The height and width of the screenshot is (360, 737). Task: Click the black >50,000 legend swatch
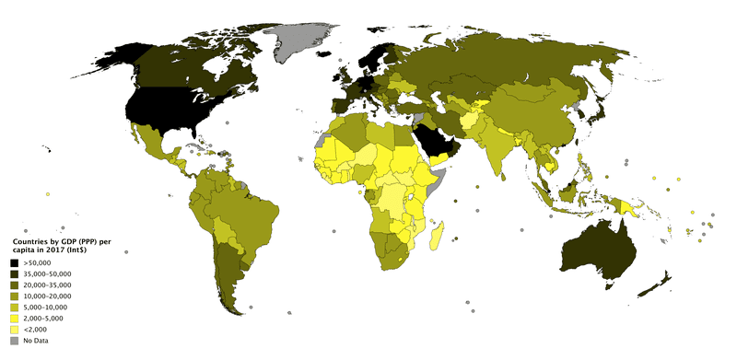[x=15, y=264]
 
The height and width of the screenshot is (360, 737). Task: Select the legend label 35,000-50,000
[x=47, y=275]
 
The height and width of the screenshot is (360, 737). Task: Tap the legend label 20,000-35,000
[x=47, y=285]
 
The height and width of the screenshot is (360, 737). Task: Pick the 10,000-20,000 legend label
[x=47, y=296]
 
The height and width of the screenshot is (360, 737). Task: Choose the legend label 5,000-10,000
[x=45, y=308]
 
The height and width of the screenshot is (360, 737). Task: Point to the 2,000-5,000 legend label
[x=43, y=319]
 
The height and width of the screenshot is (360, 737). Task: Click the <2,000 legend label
[x=35, y=330]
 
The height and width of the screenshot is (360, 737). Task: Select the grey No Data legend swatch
[x=15, y=341]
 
